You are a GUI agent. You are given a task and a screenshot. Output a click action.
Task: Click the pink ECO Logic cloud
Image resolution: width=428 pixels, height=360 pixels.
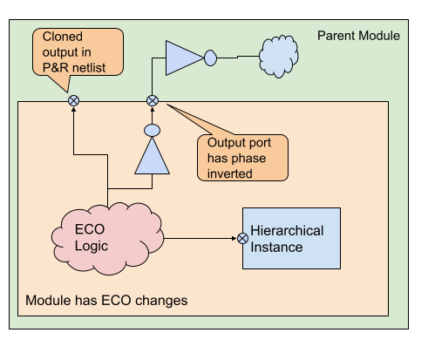point(108,239)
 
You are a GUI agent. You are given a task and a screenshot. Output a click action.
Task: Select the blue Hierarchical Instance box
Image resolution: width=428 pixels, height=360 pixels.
point(291,238)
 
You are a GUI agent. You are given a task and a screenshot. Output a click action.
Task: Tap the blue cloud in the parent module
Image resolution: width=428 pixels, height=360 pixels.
point(279,57)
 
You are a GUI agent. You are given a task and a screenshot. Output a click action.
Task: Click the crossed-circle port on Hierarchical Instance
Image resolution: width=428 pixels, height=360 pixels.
point(242,239)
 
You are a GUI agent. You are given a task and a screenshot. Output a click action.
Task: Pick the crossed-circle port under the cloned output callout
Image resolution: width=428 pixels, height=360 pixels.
point(73,101)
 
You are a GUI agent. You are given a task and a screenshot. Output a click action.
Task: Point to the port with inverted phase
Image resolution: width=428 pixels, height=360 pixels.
point(153,101)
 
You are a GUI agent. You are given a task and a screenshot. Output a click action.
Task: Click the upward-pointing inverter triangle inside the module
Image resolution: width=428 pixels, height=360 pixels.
point(152,156)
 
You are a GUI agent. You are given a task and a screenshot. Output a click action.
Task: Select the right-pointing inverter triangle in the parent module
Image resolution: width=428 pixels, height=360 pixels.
point(184,58)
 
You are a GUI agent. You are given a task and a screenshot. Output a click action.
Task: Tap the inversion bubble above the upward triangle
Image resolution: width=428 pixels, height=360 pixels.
point(152,131)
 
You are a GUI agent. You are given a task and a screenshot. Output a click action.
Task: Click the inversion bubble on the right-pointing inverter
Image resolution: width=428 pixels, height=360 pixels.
point(210,58)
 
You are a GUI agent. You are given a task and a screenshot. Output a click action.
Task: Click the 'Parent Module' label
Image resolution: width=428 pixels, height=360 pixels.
point(358,36)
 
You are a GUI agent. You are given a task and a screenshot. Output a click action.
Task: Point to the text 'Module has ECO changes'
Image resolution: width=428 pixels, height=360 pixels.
point(106,300)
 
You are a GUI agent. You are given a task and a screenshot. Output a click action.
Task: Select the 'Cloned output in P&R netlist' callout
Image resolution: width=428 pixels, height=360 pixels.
point(78,52)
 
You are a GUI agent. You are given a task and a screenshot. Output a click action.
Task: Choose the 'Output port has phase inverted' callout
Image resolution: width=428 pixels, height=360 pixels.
point(242,158)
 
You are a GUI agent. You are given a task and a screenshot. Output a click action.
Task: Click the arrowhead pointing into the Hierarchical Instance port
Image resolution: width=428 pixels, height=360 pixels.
point(234,239)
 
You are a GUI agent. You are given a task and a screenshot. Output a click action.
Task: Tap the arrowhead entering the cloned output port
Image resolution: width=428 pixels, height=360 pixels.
point(73,110)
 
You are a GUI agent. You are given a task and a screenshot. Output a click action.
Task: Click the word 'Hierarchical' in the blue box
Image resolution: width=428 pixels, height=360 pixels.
point(287,231)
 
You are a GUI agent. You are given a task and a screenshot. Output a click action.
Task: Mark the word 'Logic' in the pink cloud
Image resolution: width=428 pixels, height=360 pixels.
point(92,247)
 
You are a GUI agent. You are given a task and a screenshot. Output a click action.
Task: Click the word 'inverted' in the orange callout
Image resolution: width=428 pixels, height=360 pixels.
point(229,173)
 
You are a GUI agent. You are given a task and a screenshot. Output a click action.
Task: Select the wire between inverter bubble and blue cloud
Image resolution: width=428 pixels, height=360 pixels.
point(238,57)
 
